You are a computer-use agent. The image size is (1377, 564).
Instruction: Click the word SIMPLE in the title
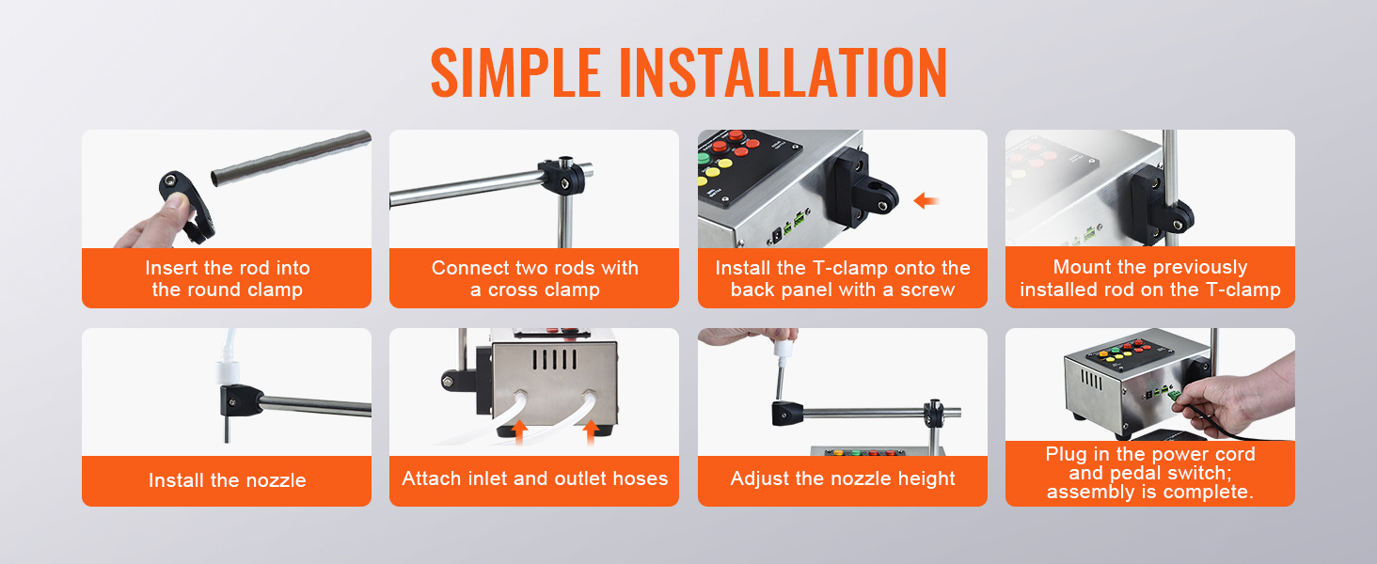point(515,72)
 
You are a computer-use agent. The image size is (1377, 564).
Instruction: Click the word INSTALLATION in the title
point(783,72)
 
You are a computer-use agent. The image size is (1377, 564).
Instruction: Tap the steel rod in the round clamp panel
point(291,157)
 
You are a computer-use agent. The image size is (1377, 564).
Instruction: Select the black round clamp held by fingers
point(187,207)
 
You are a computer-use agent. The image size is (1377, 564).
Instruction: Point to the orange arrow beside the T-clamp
point(926,200)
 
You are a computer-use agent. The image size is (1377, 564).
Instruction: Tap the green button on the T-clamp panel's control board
point(703,159)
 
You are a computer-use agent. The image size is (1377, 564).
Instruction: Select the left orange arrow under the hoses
point(520,431)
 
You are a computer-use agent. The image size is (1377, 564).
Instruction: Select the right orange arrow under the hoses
point(591,431)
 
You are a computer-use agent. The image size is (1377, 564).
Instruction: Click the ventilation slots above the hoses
point(554,360)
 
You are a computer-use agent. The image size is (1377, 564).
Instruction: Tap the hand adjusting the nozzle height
point(747,337)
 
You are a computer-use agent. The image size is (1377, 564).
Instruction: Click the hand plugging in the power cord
point(1236,399)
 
